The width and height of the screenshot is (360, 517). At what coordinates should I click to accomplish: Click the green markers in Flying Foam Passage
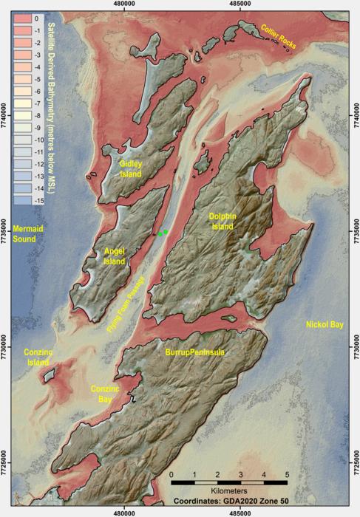point(162,233)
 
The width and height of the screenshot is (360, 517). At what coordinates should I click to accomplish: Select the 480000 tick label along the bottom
point(124,511)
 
